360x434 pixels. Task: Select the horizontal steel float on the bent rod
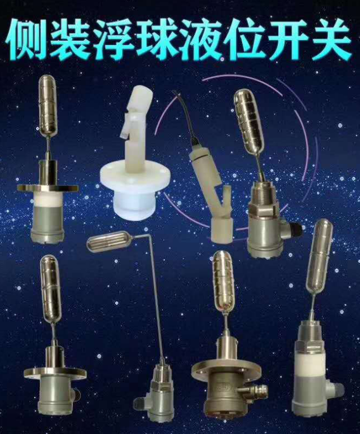(110, 244)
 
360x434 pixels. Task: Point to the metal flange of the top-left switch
(48, 188)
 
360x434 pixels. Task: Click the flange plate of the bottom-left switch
(55, 373)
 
